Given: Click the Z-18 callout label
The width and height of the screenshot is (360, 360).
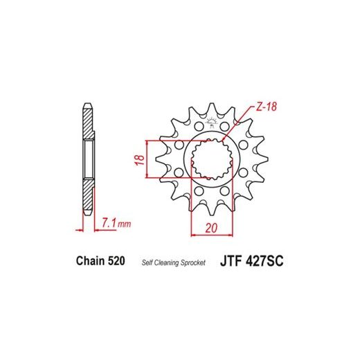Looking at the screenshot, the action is coord(266,107).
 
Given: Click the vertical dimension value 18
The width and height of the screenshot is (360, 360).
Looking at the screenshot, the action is coord(140,160).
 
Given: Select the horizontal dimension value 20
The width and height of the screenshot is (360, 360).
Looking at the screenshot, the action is coord(211,228).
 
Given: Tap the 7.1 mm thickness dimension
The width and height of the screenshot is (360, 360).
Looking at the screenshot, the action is coord(116,223).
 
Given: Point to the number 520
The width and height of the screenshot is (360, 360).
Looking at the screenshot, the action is coord(116,261).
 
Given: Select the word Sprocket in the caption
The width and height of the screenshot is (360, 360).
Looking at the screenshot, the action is coord(193,262).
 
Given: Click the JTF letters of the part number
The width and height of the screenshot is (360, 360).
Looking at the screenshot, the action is coord(231,261).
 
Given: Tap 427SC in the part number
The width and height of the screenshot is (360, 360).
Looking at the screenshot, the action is coord(264,261).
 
